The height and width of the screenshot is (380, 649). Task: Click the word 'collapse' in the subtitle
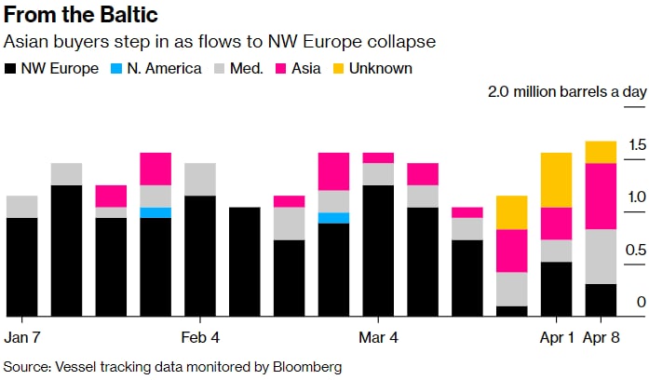tap(409, 43)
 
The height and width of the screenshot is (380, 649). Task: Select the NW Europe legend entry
tap(52, 68)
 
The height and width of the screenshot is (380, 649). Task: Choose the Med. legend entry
tap(238, 68)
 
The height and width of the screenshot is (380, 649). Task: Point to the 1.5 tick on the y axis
tap(611, 144)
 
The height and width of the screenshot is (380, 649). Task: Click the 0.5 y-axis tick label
tap(611, 250)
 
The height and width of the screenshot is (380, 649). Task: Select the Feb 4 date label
tap(200, 336)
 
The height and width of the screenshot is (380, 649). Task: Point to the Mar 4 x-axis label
tap(378, 336)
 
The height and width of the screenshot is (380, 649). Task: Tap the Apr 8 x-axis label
tap(601, 336)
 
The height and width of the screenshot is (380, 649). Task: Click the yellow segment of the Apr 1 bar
tap(556, 180)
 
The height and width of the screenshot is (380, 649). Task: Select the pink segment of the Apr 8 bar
tap(601, 196)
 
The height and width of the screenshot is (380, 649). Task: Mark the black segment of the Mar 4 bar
tap(378, 251)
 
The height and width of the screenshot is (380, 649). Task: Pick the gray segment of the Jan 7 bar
tap(22, 207)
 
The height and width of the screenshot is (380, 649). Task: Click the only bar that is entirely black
tap(245, 262)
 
